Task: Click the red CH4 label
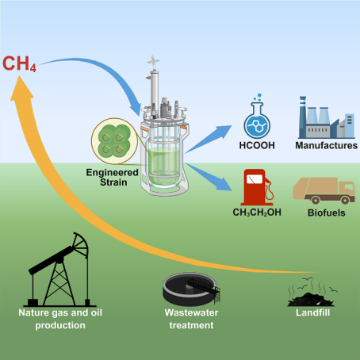[19, 64]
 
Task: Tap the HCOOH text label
[257, 145]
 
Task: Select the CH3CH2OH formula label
[257, 213]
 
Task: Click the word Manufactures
[327, 145]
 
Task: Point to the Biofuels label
[327, 213]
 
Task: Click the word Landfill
[312, 312]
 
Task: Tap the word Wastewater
[191, 312]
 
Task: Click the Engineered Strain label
[113, 178]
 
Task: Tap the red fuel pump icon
[257, 187]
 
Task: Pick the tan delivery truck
[324, 190]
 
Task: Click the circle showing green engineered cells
[114, 141]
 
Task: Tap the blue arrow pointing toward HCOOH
[208, 139]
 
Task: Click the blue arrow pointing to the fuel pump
[208, 176]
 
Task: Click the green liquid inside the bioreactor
[164, 165]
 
